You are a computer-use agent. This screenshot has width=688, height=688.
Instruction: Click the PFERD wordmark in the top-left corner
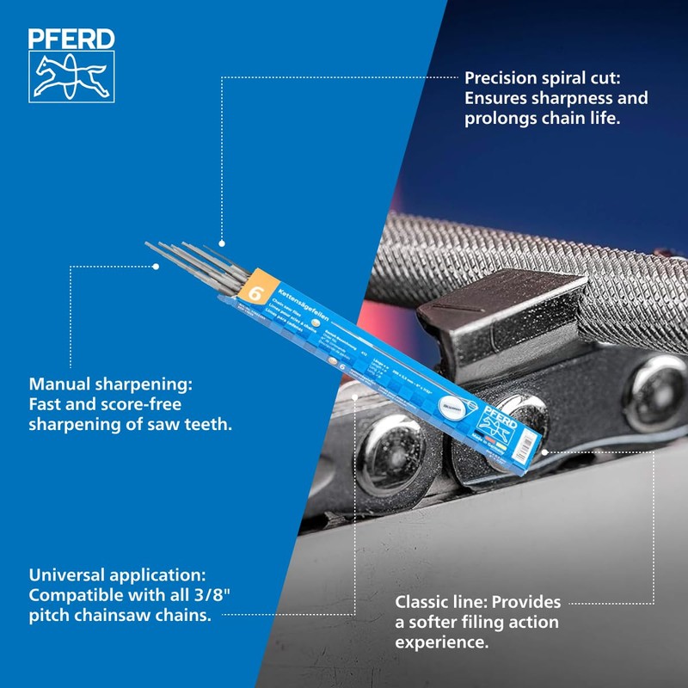click(x=71, y=39)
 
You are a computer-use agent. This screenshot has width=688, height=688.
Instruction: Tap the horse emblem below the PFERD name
click(x=71, y=75)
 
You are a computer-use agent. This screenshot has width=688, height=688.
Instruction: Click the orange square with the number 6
click(x=255, y=292)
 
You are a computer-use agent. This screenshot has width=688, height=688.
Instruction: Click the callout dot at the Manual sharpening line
click(x=157, y=267)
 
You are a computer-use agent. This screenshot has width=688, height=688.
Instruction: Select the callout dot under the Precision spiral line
click(x=222, y=244)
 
